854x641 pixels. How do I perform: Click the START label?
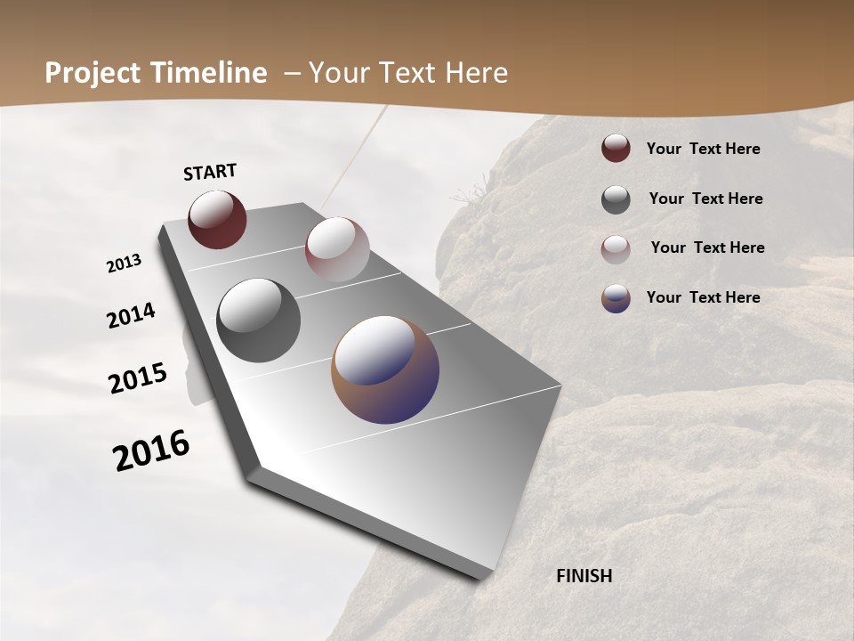(210, 172)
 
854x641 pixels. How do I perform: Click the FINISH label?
(584, 576)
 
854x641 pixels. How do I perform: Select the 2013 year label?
(124, 264)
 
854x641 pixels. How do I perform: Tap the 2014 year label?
(131, 316)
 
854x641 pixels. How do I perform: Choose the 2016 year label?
(151, 450)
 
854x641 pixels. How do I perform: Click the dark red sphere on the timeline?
(217, 219)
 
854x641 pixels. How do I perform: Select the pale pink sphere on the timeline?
(337, 249)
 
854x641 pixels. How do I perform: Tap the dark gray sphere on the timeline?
(258, 320)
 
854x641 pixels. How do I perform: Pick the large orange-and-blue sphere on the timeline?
(385, 369)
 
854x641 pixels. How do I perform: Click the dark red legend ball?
(616, 149)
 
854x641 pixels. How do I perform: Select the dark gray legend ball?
(616, 199)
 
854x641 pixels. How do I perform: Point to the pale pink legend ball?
(616, 249)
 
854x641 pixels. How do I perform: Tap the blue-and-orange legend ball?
(616, 298)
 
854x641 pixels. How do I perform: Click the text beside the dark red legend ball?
(703, 150)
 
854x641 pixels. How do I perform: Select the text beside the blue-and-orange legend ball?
(703, 297)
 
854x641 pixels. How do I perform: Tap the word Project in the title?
(86, 73)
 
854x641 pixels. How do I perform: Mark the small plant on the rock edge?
(468, 195)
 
